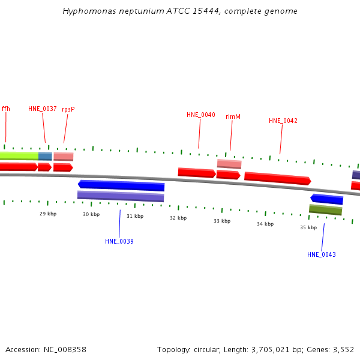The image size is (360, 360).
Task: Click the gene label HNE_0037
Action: [x=43, y=109]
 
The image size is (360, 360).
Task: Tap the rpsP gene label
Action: [x=68, y=109]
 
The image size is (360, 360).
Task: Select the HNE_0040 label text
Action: [x=201, y=115]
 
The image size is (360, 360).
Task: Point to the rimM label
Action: [x=233, y=116]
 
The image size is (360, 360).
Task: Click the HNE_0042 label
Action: [x=283, y=121]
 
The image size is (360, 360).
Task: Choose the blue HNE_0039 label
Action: [x=119, y=241]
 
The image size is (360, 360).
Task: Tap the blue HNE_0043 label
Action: [x=322, y=254]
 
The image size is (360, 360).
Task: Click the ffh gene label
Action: [x=6, y=109]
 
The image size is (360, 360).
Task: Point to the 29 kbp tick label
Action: [x=48, y=214]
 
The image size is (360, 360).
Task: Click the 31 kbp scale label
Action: [x=135, y=216]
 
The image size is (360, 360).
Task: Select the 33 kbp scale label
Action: [x=222, y=221]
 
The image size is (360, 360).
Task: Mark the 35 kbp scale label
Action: [x=308, y=227]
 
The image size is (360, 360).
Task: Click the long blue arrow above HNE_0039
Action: [x=121, y=185]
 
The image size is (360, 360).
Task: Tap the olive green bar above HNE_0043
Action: [x=325, y=209]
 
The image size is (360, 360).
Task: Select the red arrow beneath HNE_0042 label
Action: [x=278, y=178]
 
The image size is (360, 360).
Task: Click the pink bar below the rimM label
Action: [x=229, y=164]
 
